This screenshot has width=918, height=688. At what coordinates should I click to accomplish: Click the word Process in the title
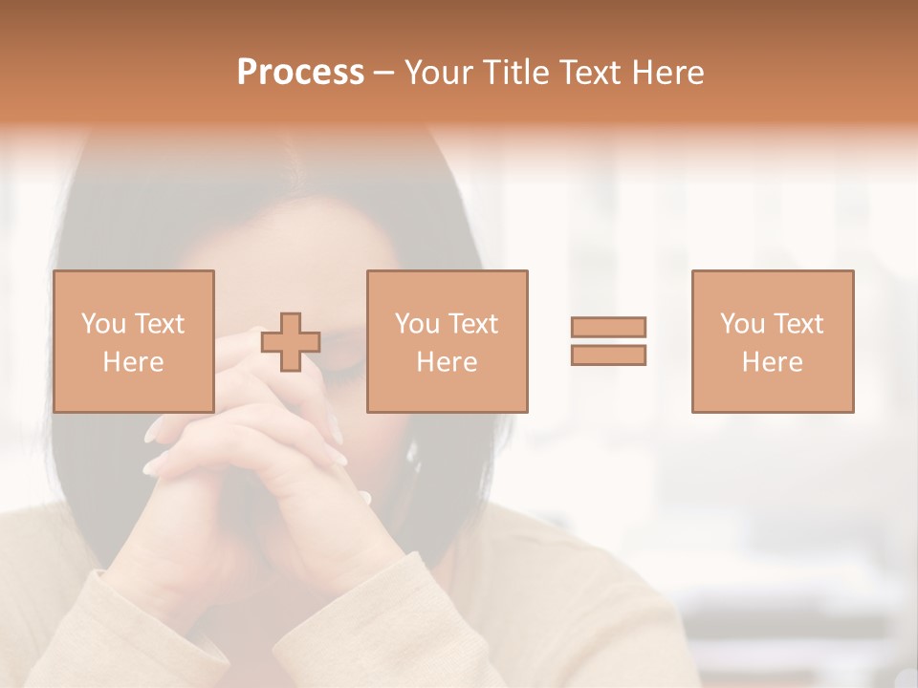pyautogui.click(x=300, y=73)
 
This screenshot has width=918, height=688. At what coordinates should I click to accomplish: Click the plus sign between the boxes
pyautogui.click(x=291, y=342)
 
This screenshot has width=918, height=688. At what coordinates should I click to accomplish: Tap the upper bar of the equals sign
pyautogui.click(x=609, y=327)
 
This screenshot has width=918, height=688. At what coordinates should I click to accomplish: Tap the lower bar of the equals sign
pyautogui.click(x=609, y=355)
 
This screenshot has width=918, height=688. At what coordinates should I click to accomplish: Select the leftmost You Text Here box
pyautogui.click(x=134, y=341)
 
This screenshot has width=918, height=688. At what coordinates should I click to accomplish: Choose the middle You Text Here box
pyautogui.click(x=447, y=341)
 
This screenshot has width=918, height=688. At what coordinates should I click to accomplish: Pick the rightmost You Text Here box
pyautogui.click(x=773, y=341)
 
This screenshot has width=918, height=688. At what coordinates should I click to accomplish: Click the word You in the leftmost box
pyautogui.click(x=103, y=324)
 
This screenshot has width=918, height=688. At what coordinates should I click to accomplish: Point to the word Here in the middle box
pyautogui.click(x=447, y=362)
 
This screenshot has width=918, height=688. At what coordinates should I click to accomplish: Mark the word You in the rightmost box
pyautogui.click(x=742, y=324)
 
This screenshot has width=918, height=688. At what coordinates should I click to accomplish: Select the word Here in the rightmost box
pyautogui.click(x=773, y=362)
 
